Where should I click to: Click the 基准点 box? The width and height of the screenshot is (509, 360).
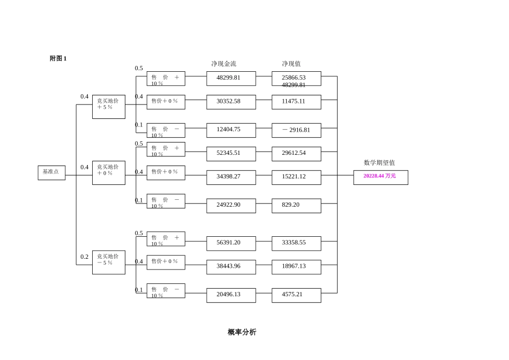(x=51, y=172)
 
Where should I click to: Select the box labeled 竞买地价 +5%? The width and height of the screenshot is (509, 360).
(x=108, y=107)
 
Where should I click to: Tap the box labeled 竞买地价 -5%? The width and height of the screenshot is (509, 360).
(x=108, y=262)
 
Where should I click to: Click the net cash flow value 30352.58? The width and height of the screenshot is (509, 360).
(x=231, y=102)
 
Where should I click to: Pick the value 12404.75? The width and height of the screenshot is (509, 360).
(x=231, y=130)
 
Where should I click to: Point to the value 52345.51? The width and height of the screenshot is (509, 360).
(x=231, y=154)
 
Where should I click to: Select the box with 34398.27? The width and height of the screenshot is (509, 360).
(x=231, y=177)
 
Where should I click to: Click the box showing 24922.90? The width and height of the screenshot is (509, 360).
(x=231, y=206)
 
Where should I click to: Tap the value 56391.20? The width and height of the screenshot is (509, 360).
(x=231, y=243)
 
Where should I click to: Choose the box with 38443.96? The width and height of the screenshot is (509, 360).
(x=231, y=267)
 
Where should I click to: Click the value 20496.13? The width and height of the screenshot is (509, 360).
(x=231, y=295)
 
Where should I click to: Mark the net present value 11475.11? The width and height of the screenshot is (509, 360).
(x=296, y=102)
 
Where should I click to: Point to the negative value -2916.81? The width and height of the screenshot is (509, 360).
(x=296, y=130)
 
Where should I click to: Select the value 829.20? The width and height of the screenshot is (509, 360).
(x=296, y=206)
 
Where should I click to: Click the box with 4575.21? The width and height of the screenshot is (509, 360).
(x=296, y=295)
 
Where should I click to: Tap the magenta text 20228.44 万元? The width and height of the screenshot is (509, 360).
(x=380, y=176)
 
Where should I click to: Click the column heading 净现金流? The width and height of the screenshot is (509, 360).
(x=223, y=64)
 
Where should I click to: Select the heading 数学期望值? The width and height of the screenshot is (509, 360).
(x=379, y=163)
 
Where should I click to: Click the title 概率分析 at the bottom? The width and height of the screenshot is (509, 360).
(x=242, y=332)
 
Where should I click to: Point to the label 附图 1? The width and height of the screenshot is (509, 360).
(x=58, y=58)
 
